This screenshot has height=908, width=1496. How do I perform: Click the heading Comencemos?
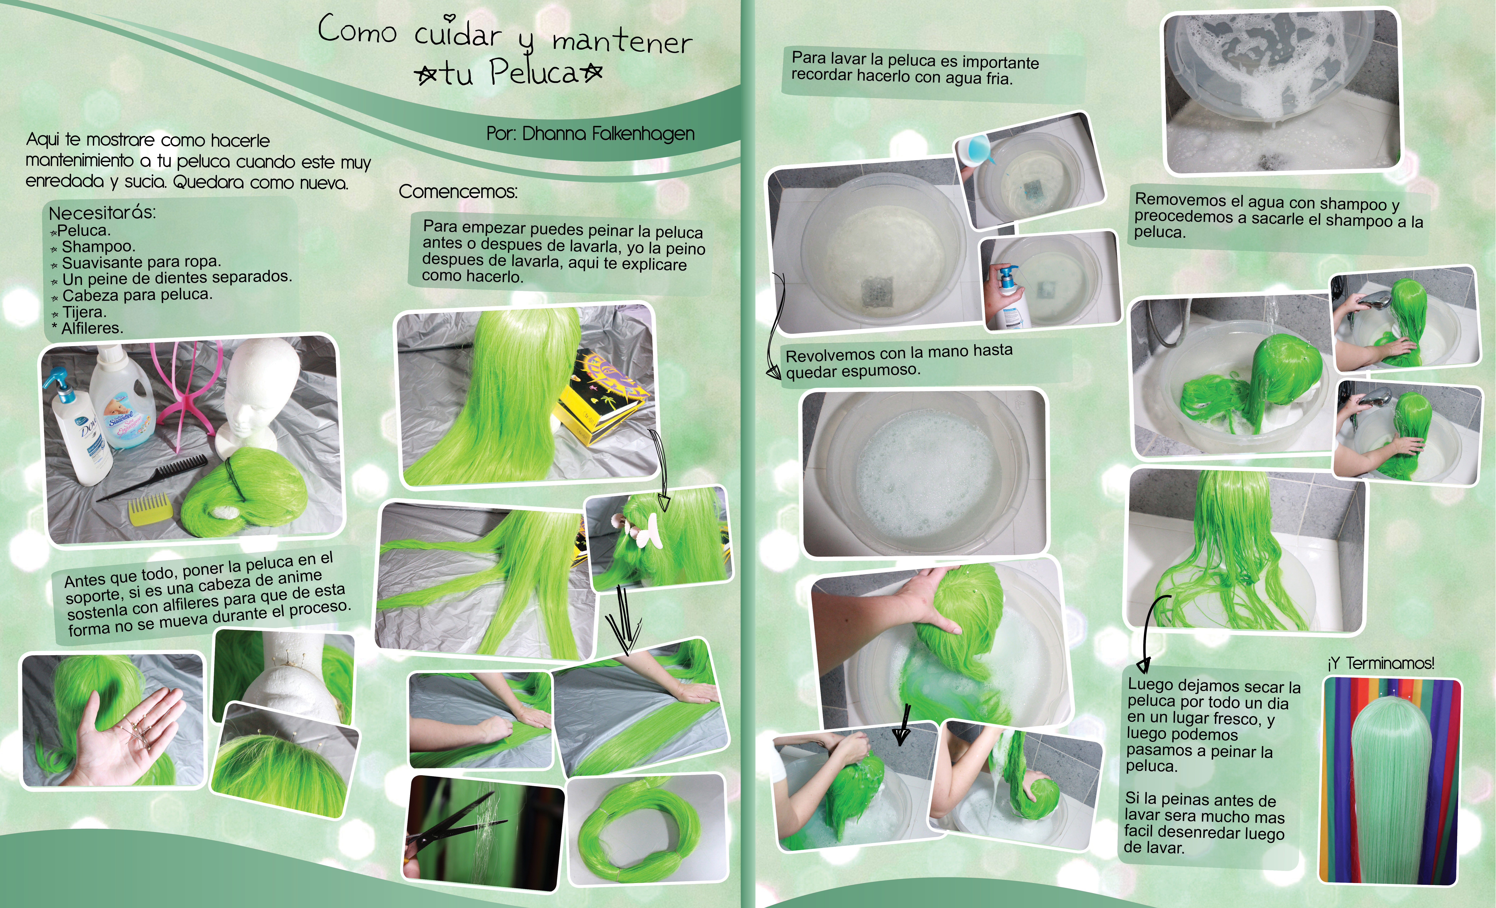click(458, 192)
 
